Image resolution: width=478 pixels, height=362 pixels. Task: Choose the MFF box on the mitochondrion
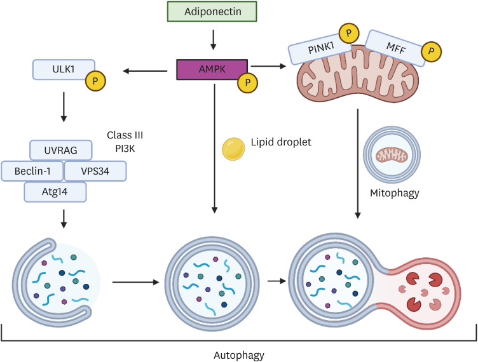pyautogui.click(x=396, y=47)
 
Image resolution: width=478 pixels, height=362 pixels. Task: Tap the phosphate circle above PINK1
pyautogui.click(x=348, y=32)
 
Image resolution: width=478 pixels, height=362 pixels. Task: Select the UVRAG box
pyautogui.click(x=62, y=150)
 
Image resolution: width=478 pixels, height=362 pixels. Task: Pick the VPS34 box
pyautogui.click(x=94, y=171)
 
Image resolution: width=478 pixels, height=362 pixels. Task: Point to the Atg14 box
pyautogui.click(x=55, y=191)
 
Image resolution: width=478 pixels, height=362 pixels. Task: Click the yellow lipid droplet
pyautogui.click(x=232, y=149)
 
